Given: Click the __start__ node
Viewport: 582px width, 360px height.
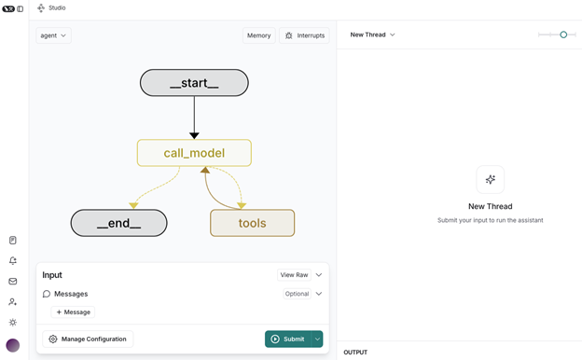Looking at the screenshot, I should [194, 83].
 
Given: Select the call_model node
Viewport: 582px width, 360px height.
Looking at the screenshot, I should [194, 153].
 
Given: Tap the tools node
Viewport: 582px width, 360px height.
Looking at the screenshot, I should [252, 223].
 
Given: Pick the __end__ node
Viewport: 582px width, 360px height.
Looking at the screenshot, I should [118, 223].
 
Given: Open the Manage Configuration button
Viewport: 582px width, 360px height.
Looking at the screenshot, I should [88, 339].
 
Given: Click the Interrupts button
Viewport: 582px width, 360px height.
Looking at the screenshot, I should [304, 35].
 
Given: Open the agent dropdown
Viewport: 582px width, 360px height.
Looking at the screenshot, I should [53, 35].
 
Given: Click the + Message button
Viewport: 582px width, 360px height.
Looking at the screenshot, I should [73, 312].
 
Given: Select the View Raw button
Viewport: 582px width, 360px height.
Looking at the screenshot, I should [294, 275].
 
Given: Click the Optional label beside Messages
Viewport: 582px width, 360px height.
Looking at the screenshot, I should [297, 294].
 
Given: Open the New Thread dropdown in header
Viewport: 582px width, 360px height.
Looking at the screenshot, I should [372, 35].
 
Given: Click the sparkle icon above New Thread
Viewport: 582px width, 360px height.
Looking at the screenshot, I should [490, 180].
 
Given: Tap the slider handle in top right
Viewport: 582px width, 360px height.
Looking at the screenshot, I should [563, 35].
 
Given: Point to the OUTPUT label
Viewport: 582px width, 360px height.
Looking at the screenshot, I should [355, 353].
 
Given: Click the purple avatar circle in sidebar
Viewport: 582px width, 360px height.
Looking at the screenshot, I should [13, 345].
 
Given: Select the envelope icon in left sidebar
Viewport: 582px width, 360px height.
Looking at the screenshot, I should [13, 281].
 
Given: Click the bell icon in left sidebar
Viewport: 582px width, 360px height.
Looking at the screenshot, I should [13, 260].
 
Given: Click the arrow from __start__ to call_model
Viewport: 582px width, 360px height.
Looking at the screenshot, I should [194, 117].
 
